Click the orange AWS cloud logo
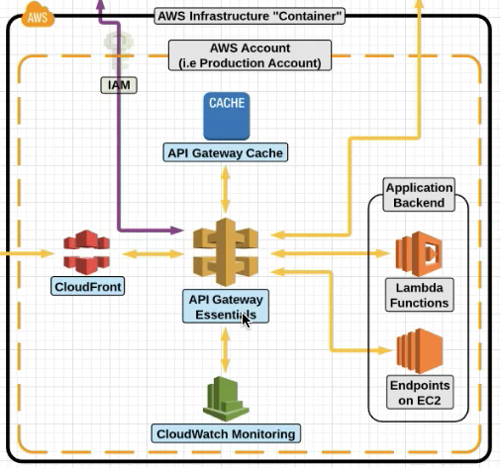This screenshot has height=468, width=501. [38, 14]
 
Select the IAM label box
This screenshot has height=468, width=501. [119, 85]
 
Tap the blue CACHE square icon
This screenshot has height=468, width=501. [227, 116]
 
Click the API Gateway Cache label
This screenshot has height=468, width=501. [226, 152]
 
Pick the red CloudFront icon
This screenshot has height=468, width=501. [86, 252]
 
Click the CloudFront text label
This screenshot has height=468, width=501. [88, 286]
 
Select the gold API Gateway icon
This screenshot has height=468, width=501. [226, 252]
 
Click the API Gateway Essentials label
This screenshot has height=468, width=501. [226, 307]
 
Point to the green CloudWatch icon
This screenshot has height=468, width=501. [226, 399]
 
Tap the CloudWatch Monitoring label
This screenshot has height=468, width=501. [226, 433]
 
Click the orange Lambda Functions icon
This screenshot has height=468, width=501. [419, 253]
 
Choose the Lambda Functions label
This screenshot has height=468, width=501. [420, 295]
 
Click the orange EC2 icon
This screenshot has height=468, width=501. [420, 351]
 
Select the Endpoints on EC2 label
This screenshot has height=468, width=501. [420, 393]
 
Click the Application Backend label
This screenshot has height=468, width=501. [419, 195]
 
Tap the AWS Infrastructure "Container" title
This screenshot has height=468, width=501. [250, 16]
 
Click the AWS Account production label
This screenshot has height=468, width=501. [250, 55]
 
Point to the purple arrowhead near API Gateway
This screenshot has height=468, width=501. [176, 230]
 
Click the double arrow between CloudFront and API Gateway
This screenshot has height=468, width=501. [152, 254]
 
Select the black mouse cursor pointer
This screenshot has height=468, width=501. [247, 321]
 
